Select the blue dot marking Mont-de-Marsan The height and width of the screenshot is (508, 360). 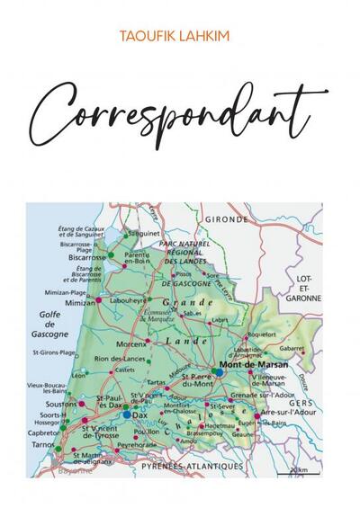[x=219, y=370]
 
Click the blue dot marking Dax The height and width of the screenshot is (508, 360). [x=126, y=414]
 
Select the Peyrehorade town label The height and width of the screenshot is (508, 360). [x=137, y=444]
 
